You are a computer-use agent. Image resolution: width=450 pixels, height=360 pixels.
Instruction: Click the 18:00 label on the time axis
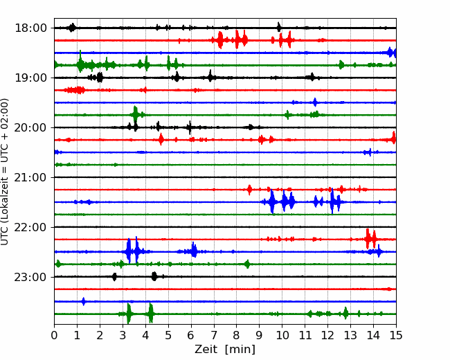(30, 28)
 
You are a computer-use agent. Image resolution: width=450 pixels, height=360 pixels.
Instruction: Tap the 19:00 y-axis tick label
(30, 78)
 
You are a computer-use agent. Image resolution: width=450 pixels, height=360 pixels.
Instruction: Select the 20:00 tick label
(30, 127)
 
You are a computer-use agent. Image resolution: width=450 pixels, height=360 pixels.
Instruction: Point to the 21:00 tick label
(30, 177)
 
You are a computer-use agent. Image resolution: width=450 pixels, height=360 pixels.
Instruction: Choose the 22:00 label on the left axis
(30, 227)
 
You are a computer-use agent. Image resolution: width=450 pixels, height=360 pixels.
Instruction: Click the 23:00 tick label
(30, 277)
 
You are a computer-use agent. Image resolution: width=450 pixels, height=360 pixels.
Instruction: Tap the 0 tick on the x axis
(54, 335)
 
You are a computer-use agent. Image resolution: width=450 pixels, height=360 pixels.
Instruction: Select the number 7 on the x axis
(214, 335)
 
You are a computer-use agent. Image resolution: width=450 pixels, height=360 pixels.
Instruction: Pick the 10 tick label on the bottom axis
(282, 335)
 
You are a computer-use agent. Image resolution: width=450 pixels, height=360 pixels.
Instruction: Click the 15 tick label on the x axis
(396, 335)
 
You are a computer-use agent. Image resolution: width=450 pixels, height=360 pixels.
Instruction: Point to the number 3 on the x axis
(123, 335)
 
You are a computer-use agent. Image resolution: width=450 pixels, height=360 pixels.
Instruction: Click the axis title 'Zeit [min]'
(225, 350)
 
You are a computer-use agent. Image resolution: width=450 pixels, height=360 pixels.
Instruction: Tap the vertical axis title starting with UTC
(4, 172)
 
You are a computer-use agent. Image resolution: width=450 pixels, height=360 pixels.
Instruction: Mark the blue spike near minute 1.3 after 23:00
(84, 301)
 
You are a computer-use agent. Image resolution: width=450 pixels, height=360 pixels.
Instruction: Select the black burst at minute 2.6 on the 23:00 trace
(114, 277)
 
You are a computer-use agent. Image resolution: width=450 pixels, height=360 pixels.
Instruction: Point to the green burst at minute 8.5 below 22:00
(247, 264)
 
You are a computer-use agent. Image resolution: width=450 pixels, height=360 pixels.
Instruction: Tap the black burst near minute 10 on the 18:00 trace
(279, 27)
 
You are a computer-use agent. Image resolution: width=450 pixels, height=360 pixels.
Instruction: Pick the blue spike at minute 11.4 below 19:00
(315, 102)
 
